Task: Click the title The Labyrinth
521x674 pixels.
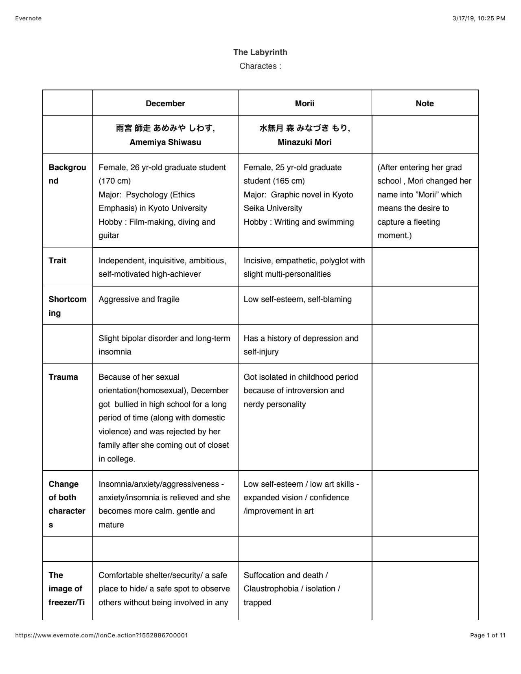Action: pos(260,52)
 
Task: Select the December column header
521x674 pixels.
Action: pos(165,103)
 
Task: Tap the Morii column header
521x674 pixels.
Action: pos(304,103)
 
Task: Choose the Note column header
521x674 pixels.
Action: pos(425,103)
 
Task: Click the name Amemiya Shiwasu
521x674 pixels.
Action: pos(165,142)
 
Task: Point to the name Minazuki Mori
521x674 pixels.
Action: pos(304,142)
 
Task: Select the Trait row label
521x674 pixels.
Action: pos(57,260)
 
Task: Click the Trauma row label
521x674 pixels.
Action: pos(63,377)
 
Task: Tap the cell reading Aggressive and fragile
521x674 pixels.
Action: pos(139,299)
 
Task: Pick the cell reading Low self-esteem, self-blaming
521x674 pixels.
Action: pos(298,299)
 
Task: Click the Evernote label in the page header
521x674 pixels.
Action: pos(28,18)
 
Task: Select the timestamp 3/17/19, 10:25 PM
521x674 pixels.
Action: pos(479,18)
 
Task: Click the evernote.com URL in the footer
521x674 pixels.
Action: pos(101,635)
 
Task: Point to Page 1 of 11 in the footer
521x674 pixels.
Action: pos(488,635)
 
